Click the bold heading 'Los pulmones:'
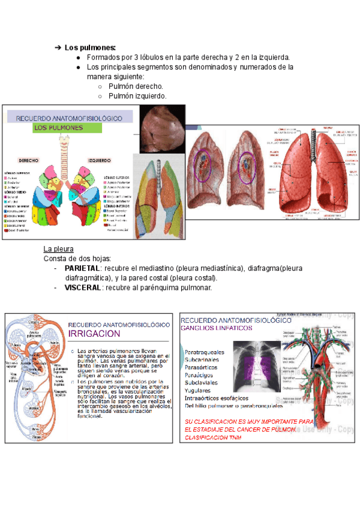pyautogui.click(x=91, y=47)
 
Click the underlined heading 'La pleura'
pyautogui.click(x=59, y=248)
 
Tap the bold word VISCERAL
pyautogui.click(x=83, y=288)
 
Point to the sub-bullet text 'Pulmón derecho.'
pyautogui.click(x=136, y=86)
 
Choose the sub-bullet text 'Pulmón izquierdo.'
pyautogui.click(x=137, y=96)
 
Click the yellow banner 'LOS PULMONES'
pyautogui.click(x=58, y=128)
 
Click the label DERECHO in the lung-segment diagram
pyautogui.click(x=29, y=161)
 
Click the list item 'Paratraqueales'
pyautogui.click(x=205, y=352)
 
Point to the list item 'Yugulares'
pyautogui.click(x=197, y=390)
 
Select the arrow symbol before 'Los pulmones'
pyautogui.click(x=58, y=47)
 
